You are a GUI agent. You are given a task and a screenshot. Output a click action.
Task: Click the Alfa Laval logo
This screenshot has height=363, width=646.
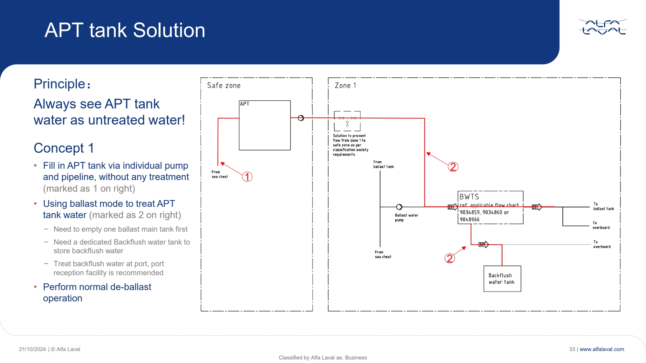pyautogui.click(x=603, y=27)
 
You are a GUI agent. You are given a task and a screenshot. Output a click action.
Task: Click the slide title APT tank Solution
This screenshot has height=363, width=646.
pyautogui.click(x=125, y=30)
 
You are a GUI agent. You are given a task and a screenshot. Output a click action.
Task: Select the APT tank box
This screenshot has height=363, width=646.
pyautogui.click(x=265, y=125)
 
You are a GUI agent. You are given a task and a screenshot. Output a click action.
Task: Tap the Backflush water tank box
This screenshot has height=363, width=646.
pyautogui.click(x=502, y=278)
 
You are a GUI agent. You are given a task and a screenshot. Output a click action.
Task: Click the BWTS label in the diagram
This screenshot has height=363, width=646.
pyautogui.click(x=469, y=197)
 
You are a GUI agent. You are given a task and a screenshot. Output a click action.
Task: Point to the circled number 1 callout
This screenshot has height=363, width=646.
pyautogui.click(x=247, y=177)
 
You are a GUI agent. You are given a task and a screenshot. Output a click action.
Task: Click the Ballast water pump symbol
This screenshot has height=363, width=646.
pyautogui.click(x=399, y=207)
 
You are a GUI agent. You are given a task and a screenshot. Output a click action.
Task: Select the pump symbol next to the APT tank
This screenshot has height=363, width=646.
pyautogui.click(x=301, y=118)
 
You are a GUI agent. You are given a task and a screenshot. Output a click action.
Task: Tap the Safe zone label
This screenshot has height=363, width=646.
pyautogui.click(x=224, y=86)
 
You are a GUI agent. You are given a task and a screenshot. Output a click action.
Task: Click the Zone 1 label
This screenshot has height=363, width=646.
pyautogui.click(x=345, y=86)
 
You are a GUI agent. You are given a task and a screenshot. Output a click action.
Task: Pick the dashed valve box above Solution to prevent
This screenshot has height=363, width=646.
pyautogui.click(x=347, y=121)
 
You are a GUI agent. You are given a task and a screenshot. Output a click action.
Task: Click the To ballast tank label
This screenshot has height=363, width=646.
pyautogui.click(x=603, y=207)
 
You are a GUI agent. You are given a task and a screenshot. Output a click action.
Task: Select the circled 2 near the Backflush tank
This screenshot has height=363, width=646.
pyautogui.click(x=449, y=258)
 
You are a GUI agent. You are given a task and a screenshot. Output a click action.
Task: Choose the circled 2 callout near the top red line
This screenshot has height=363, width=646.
pyautogui.click(x=453, y=167)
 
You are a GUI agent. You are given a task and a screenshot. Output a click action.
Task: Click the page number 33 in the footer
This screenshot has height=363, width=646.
pyautogui.click(x=572, y=349)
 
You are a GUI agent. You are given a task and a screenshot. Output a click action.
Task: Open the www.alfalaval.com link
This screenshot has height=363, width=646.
pyautogui.click(x=602, y=349)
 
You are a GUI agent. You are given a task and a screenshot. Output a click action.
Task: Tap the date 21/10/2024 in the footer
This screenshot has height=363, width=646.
pyautogui.click(x=32, y=349)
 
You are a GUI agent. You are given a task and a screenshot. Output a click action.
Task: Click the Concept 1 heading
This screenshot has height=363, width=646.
pyautogui.click(x=64, y=148)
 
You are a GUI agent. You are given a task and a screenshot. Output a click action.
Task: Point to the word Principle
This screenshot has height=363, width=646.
pyautogui.click(x=59, y=84)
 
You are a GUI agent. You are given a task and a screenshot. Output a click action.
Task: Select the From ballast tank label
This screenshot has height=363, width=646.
pyautogui.click(x=383, y=164)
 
